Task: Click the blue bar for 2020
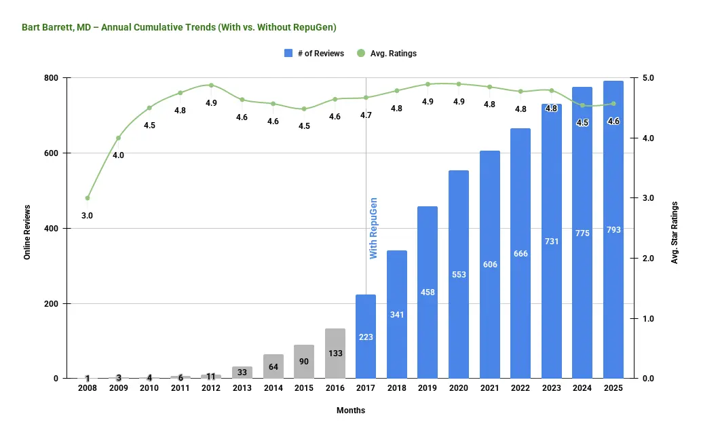[458, 274]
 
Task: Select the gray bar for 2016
[335, 353]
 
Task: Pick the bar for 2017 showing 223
[366, 336]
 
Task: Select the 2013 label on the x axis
[242, 389]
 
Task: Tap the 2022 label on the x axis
[520, 389]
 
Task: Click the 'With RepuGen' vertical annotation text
[373, 228]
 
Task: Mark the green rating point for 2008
[88, 198]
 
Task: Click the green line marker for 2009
[118, 138]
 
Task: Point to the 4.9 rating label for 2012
[211, 103]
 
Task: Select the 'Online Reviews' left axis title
[27, 228]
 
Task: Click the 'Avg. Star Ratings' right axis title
[675, 228]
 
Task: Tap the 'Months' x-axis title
[351, 411]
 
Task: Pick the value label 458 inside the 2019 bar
[428, 292]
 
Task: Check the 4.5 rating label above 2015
[303, 126]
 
